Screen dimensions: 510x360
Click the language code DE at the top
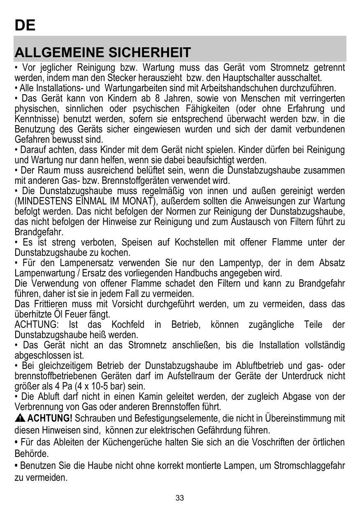pos(25,25)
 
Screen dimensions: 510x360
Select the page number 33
pos(180,498)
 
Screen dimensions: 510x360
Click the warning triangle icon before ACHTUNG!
pos(20,419)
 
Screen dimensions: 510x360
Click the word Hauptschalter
pos(237,78)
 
